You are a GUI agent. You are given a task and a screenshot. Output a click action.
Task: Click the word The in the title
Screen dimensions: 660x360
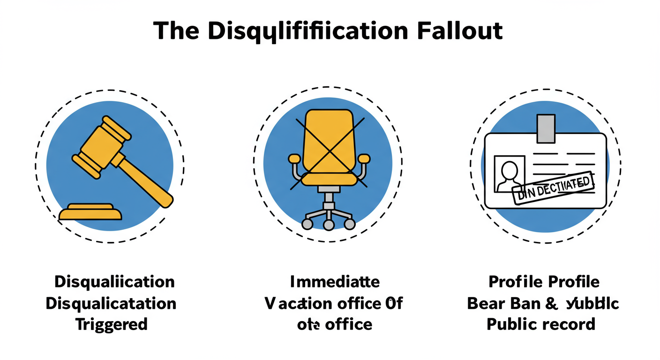[x=177, y=31]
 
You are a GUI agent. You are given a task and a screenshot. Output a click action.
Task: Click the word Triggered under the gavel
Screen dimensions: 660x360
[x=112, y=324]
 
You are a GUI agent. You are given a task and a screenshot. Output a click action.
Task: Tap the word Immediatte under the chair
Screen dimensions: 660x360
[x=335, y=282]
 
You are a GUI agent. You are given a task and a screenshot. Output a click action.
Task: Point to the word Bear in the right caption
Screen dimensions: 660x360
[x=485, y=303]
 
